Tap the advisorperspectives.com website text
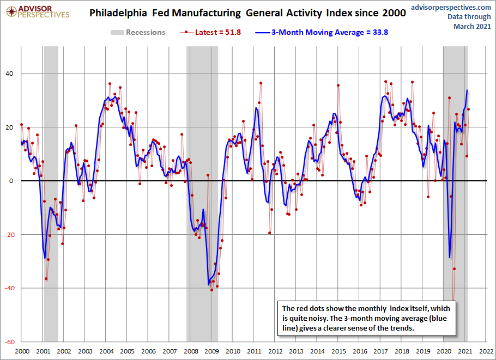450,7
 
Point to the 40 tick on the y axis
9,74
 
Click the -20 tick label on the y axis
8,235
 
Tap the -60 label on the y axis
8,342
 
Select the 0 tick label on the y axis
11,181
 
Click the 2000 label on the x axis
21,352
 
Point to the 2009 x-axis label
212,352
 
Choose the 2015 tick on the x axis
339,352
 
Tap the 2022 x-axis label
487,352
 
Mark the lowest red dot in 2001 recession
46,279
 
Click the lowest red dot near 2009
211,290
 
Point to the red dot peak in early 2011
261,83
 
